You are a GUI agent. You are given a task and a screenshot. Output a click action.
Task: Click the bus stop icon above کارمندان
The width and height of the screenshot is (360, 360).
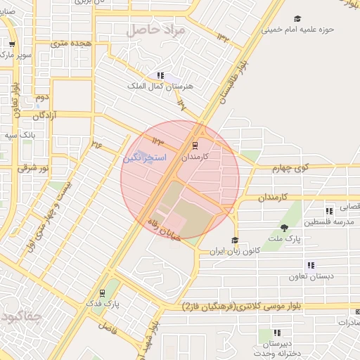pos(194,147)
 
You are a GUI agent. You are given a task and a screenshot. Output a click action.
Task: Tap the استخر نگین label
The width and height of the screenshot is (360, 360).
pos(144,157)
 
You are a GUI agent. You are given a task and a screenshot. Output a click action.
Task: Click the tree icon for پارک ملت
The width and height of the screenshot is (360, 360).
pos(284,227)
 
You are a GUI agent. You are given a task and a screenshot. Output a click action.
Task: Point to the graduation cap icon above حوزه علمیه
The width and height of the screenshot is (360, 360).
pos(297,18)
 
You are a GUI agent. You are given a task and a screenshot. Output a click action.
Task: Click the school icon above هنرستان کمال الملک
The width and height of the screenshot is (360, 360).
pos(161,75)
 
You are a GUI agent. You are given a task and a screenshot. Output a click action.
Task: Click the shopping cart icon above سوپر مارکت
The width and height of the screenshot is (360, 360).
pos(12,44)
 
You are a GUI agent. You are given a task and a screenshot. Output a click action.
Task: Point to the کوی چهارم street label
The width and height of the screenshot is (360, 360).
pos(293,167)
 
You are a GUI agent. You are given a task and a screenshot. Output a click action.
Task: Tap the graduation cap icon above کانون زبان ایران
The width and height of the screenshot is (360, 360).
pos(235,240)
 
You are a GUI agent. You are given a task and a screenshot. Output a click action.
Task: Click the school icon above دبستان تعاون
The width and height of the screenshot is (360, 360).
pos(310,265)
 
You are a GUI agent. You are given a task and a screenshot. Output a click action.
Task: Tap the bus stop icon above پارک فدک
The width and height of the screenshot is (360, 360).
pos(103,292)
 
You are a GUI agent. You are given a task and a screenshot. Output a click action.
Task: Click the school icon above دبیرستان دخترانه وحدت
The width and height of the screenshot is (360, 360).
pos(278,333)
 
